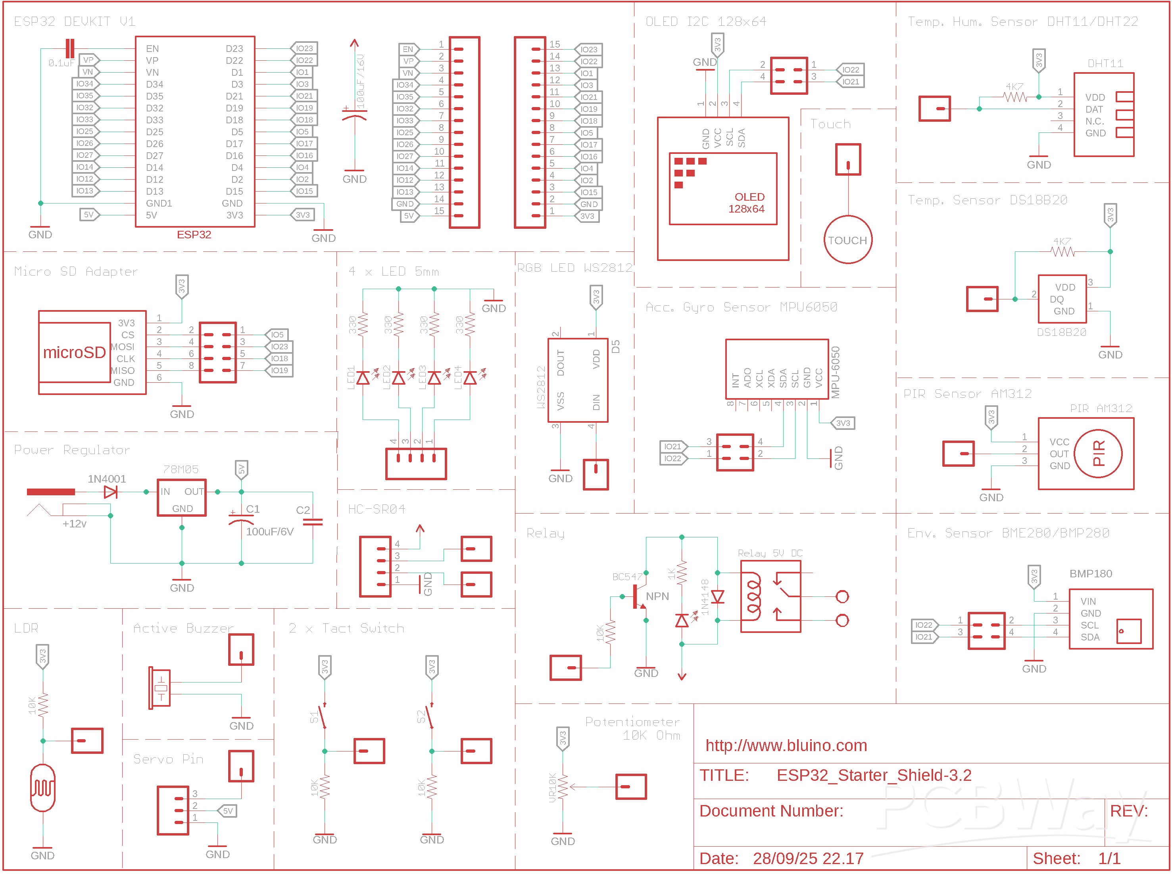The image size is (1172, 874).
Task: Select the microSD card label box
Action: coord(74,353)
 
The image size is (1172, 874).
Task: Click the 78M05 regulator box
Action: coord(182,497)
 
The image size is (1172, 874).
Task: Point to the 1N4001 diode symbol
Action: coord(110,492)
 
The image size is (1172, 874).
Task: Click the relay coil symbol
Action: coord(752,597)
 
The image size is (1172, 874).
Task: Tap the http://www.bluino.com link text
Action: coord(786,746)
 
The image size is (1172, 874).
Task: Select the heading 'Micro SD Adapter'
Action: coord(76,271)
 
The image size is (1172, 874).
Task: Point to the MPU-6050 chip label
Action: coord(835,372)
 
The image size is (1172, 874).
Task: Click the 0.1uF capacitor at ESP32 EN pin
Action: coord(69,49)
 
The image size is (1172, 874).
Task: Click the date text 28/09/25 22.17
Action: coord(808,858)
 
